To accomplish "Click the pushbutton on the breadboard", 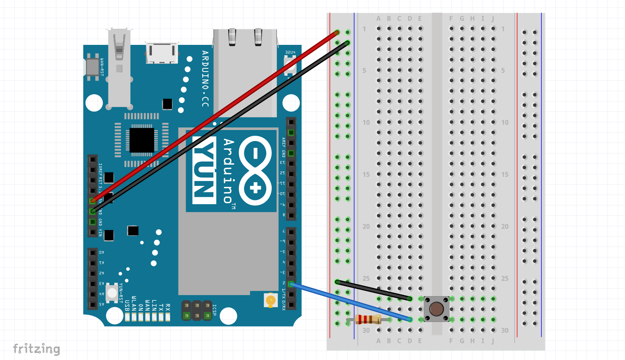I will point(436,309).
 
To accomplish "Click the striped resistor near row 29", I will point(368,319).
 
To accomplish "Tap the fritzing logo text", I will point(37,348).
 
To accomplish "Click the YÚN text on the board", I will point(205,170).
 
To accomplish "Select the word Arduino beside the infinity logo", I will point(229,171).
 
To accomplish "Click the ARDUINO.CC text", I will point(205,79).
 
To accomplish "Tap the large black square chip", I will point(142,140).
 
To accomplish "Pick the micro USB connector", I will point(162,52).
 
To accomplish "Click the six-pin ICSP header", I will point(197,310).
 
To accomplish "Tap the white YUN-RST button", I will point(112,293).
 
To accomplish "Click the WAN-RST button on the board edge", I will point(92,67).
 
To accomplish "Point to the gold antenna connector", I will point(270,300).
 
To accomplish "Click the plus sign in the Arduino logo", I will point(256,188).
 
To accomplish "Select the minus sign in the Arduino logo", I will point(255,154).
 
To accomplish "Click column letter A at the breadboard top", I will point(378,19).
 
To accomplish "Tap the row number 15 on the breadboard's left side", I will point(366,174).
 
